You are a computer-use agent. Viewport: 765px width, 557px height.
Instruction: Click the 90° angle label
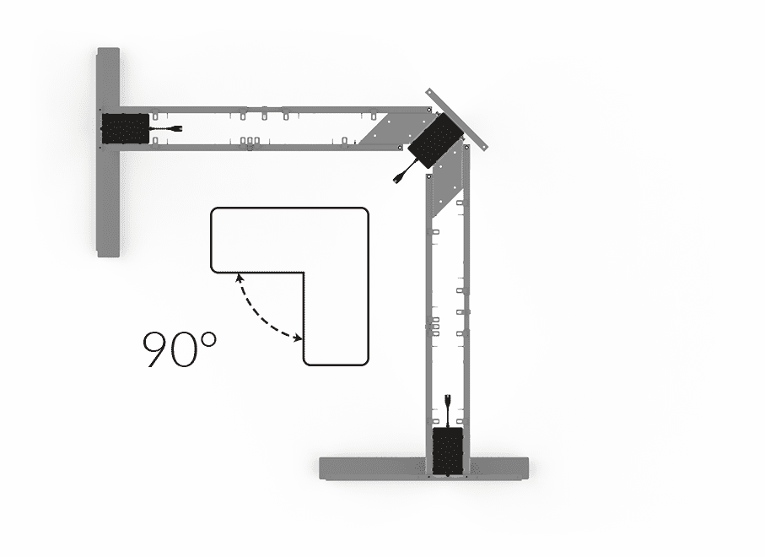tap(180, 349)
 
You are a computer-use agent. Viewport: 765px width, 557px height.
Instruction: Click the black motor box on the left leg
tap(125, 129)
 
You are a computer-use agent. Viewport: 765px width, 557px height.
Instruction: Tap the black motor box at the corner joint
tap(434, 141)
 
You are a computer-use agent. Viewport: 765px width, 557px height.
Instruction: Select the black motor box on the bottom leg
tap(448, 452)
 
